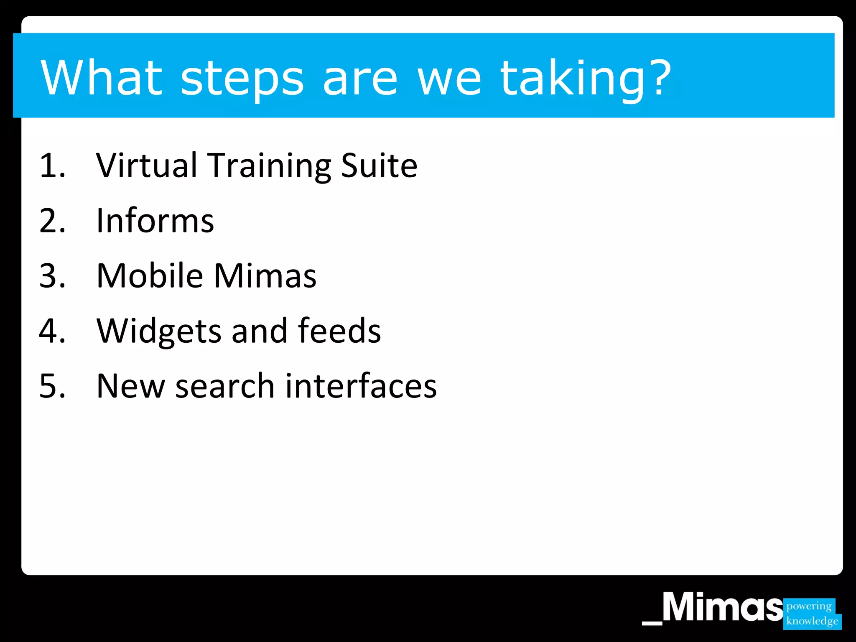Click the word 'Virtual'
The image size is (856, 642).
tap(146, 166)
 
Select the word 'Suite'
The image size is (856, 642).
tap(379, 166)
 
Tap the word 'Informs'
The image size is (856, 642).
tap(155, 221)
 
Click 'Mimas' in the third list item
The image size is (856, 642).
tap(265, 276)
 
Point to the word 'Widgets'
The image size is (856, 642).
tap(158, 331)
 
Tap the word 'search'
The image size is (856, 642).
tap(224, 386)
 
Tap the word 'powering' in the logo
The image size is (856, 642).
tap(809, 606)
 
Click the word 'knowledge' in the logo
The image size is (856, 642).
tap(812, 621)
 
